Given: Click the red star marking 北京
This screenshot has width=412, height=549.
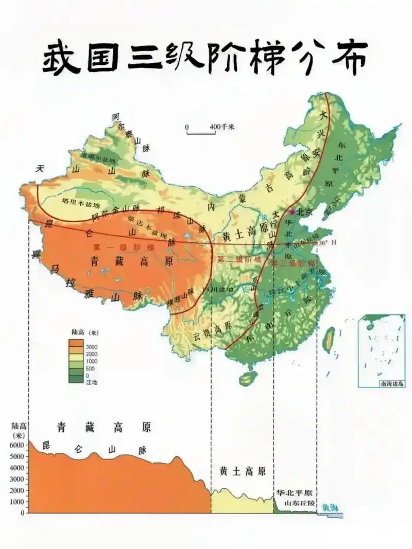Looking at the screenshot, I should (x=293, y=211).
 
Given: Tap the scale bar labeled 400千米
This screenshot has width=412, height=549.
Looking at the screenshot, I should (x=201, y=133).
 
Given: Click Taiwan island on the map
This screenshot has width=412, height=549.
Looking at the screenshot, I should (x=328, y=340).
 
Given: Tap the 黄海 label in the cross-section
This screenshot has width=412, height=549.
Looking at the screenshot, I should (x=330, y=507).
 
